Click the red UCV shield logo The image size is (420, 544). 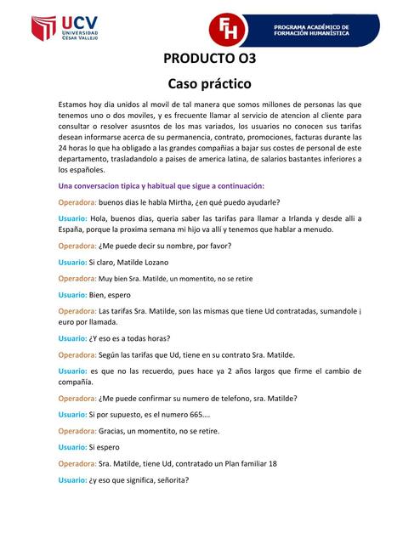[43, 29]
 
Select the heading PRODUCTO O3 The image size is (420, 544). [209, 59]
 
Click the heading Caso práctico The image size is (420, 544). [209, 84]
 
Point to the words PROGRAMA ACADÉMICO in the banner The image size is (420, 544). [311, 25]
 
